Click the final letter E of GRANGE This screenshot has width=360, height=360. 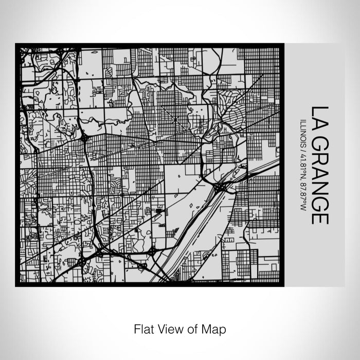pos(320,218)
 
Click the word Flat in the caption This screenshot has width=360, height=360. pos(143,328)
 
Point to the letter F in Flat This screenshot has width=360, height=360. pos(137,328)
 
